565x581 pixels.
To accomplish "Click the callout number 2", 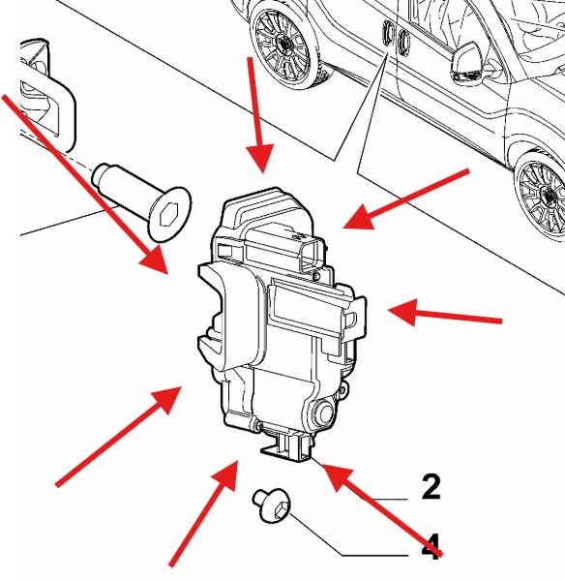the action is click(x=431, y=486).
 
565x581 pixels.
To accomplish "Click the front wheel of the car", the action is click(x=542, y=196).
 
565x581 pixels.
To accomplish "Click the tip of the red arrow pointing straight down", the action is click(x=263, y=172).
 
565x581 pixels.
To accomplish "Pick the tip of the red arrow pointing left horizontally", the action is click(x=388, y=310).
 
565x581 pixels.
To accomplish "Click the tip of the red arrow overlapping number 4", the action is click(x=323, y=464).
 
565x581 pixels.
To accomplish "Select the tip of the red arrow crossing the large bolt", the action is click(x=168, y=274).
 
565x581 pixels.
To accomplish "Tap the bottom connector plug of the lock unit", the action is click(x=287, y=446).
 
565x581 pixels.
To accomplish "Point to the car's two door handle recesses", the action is click(x=396, y=36).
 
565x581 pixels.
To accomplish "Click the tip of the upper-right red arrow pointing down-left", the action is click(x=343, y=227).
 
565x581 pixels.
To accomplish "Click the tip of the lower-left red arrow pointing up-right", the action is click(x=182, y=386).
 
